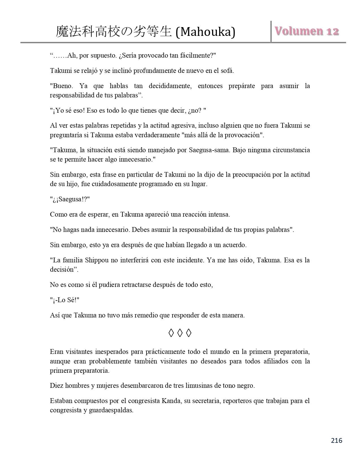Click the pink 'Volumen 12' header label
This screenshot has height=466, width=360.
click(307, 31)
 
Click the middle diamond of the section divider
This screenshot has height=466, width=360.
click(180, 333)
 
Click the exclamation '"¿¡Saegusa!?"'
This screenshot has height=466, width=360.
click(70, 199)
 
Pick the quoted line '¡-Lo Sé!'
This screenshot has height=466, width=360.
click(64, 300)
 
